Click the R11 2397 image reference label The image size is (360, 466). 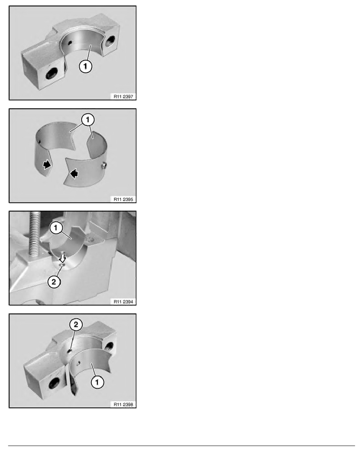point(123,96)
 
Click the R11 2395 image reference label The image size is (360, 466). point(123,199)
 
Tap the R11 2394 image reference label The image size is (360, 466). point(123,302)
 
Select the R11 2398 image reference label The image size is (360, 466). point(123,404)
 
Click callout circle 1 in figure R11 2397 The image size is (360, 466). point(85,66)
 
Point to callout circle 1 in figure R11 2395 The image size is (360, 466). point(87,120)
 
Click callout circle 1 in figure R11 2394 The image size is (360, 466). point(56,228)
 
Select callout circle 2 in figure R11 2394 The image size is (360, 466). point(54,281)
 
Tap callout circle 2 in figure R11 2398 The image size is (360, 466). point(76,324)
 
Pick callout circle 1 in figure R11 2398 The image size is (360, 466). point(97,382)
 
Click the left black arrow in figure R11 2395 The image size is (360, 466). point(47,165)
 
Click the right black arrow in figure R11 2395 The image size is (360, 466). point(74,173)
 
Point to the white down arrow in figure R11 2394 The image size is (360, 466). point(62,257)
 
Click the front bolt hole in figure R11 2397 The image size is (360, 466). point(52,73)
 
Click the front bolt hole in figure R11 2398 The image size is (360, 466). point(54,383)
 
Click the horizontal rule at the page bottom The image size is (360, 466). point(182,446)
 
